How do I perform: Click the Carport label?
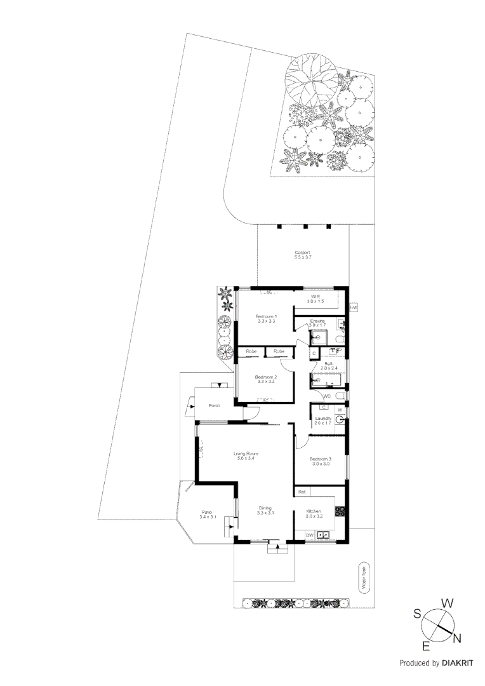coord(302,252)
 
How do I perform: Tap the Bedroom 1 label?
coord(265,316)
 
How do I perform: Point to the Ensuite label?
coord(317,321)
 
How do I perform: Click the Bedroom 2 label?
coord(265,377)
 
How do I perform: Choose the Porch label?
coord(213,405)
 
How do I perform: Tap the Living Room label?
coord(246,454)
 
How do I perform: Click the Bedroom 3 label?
coord(320,459)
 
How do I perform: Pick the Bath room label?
coord(329,364)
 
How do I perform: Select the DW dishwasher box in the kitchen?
coord(309,535)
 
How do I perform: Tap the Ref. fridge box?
coord(302,492)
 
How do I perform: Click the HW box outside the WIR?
coord(354,307)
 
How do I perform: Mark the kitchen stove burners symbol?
coord(340,510)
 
